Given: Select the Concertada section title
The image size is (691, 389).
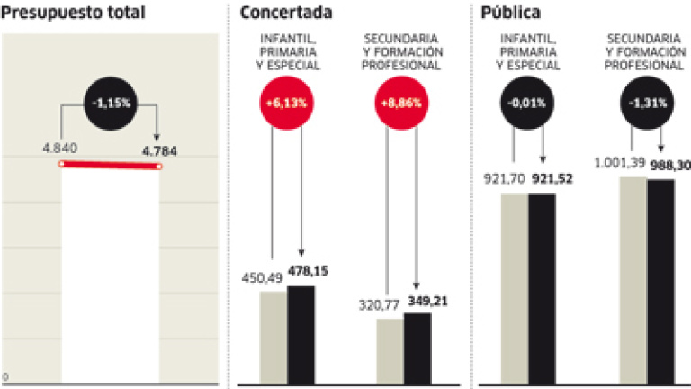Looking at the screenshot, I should [x=286, y=13].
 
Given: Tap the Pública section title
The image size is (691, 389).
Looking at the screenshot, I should [x=512, y=13].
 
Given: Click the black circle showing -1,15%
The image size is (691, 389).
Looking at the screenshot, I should [x=110, y=104].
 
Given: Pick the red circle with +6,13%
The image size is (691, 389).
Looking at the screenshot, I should [x=286, y=104].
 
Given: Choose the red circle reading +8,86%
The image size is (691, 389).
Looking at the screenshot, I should [x=401, y=104].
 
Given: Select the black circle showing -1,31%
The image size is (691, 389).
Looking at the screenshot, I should [x=646, y=104].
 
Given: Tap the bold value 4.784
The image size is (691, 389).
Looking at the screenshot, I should [x=159, y=150].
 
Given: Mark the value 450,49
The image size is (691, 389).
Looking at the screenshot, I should [x=262, y=277].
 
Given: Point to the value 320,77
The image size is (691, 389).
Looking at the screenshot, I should [x=376, y=304].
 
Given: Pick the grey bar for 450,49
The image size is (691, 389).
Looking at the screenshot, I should [x=274, y=338].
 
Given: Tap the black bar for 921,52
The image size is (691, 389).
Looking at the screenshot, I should [x=542, y=288].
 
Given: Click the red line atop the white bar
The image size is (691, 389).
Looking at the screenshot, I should [x=110, y=166].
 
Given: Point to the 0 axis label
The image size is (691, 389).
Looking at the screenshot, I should [x=5, y=376].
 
